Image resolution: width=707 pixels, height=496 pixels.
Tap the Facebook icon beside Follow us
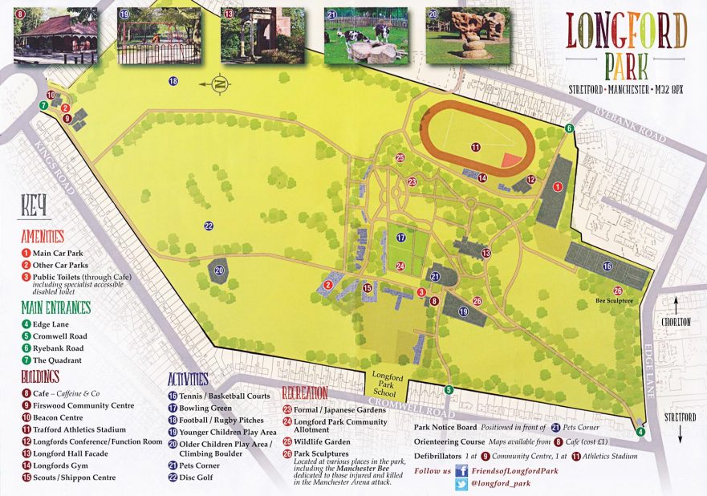[x=461, y=471]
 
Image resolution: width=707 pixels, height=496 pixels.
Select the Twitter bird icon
[x=461, y=485]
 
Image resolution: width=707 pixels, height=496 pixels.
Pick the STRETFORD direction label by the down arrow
[x=680, y=417]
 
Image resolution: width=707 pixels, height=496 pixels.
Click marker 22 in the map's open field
[x=209, y=226]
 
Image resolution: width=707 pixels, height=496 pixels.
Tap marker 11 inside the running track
[x=476, y=147]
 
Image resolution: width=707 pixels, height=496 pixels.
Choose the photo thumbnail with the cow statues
[x=358, y=36]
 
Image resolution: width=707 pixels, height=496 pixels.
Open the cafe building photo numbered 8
[x=55, y=36]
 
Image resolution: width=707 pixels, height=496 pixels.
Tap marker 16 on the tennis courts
[x=607, y=266]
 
